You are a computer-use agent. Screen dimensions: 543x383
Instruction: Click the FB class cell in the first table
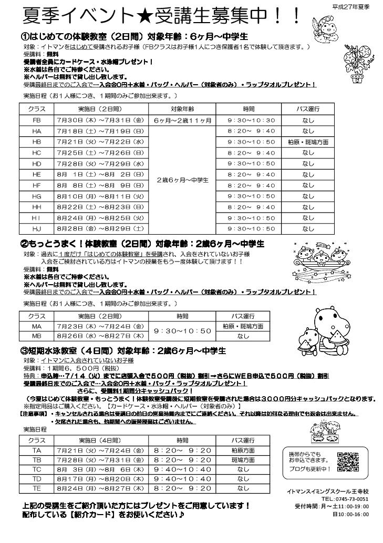pyautogui.click(x=37, y=120)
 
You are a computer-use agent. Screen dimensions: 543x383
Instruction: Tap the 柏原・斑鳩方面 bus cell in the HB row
pyautogui.click(x=308, y=142)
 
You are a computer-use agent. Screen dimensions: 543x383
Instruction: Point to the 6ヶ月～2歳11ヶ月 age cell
pyautogui.click(x=183, y=120)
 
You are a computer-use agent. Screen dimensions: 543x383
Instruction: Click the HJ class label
pyautogui.click(x=37, y=228)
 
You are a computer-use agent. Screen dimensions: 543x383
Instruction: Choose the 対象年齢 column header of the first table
pyautogui.click(x=183, y=109)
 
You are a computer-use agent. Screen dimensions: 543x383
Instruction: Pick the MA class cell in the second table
pyautogui.click(x=37, y=326)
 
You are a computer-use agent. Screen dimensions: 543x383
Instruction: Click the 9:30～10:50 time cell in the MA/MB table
pyautogui.click(x=182, y=331)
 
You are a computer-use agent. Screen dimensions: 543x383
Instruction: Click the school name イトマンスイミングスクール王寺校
pyautogui.click(x=328, y=490)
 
